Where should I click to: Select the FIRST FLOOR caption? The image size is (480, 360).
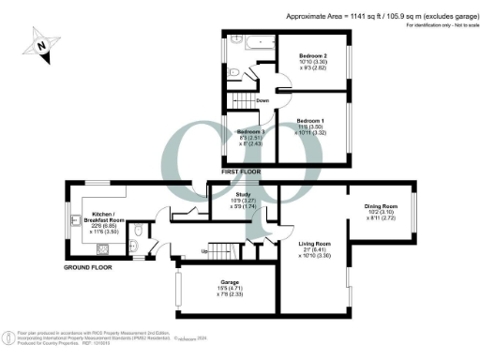click(240, 172)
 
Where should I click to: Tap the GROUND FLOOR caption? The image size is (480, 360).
click(89, 267)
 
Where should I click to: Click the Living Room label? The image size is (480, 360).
click(316, 246)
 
